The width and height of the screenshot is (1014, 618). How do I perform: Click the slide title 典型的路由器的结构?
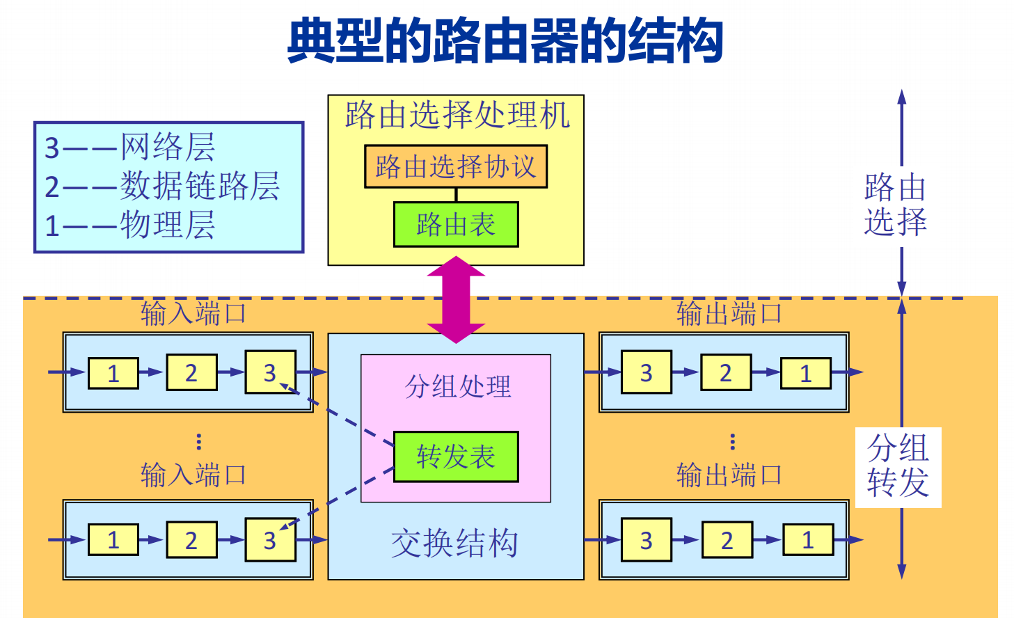[x=505, y=41]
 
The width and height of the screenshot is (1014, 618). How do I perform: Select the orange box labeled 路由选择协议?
[x=456, y=166]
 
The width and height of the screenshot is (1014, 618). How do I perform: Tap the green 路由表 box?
[x=456, y=224]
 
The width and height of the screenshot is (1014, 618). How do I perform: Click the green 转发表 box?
[x=456, y=457]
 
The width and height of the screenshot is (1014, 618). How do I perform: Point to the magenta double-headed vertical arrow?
[x=456, y=299]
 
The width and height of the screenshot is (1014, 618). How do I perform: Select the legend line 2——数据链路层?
[x=162, y=186]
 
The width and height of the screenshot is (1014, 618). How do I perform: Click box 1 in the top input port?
[x=113, y=373]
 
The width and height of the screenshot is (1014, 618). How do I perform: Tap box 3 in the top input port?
[x=270, y=372]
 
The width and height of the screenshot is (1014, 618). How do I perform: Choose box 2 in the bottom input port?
[x=191, y=540]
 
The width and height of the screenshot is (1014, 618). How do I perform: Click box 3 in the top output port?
[x=647, y=372]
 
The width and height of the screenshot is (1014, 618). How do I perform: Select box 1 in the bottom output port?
[x=808, y=540]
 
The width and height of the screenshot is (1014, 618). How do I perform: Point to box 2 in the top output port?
[x=726, y=373]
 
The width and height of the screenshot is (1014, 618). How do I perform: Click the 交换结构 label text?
[x=454, y=544]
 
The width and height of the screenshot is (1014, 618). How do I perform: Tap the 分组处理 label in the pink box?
[x=458, y=386]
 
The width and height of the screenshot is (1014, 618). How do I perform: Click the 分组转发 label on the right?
[x=898, y=466]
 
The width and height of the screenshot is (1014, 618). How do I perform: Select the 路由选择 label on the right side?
[x=895, y=205]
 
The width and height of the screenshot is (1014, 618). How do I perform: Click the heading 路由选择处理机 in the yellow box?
[x=457, y=115]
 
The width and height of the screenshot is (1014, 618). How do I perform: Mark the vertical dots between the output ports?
[x=732, y=441]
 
